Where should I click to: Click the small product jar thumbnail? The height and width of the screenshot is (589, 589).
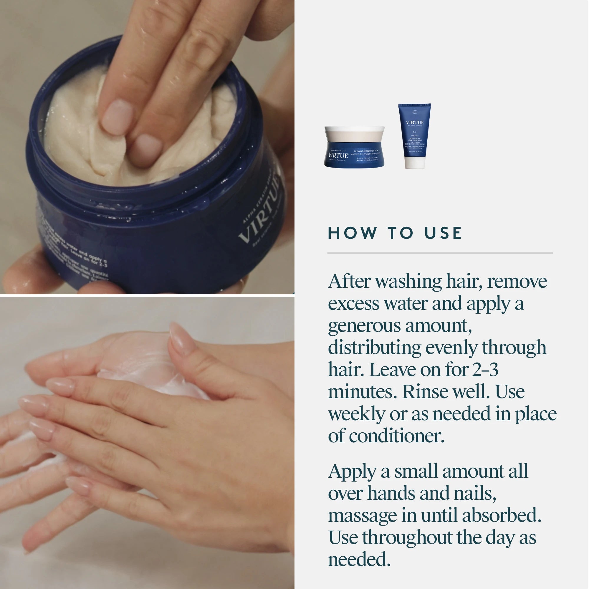(354, 147)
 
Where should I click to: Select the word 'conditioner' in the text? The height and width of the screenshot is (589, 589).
(396, 436)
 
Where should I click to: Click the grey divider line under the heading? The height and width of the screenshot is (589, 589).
(440, 253)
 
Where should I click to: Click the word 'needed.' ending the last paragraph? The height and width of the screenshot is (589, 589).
(359, 560)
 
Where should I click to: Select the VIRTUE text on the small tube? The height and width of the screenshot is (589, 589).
(415, 122)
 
